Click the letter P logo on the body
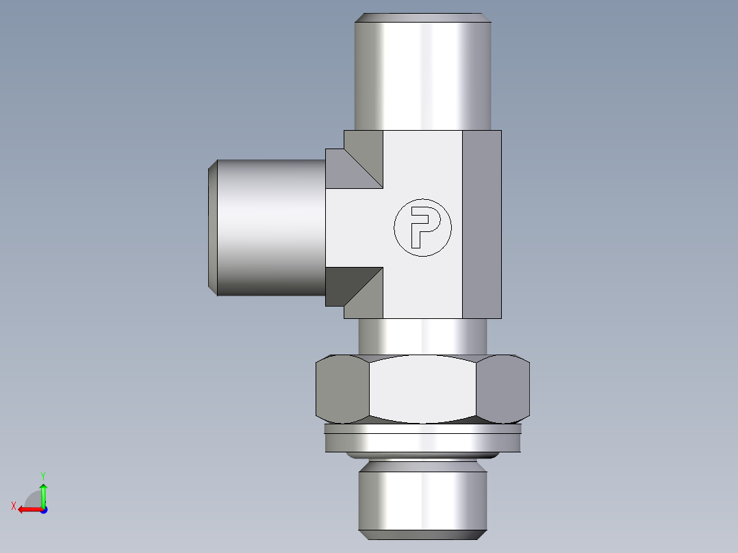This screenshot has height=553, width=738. [x=422, y=228]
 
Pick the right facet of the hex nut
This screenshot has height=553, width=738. [x=503, y=389]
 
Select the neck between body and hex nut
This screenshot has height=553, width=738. [x=422, y=337]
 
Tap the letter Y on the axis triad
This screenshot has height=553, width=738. [x=42, y=474]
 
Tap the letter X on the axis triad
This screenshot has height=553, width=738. [x=13, y=506]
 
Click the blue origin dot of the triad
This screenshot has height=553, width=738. [x=43, y=509]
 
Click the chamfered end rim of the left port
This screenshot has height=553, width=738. [x=213, y=228]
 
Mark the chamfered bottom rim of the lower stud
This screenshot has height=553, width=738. [x=422, y=535]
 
